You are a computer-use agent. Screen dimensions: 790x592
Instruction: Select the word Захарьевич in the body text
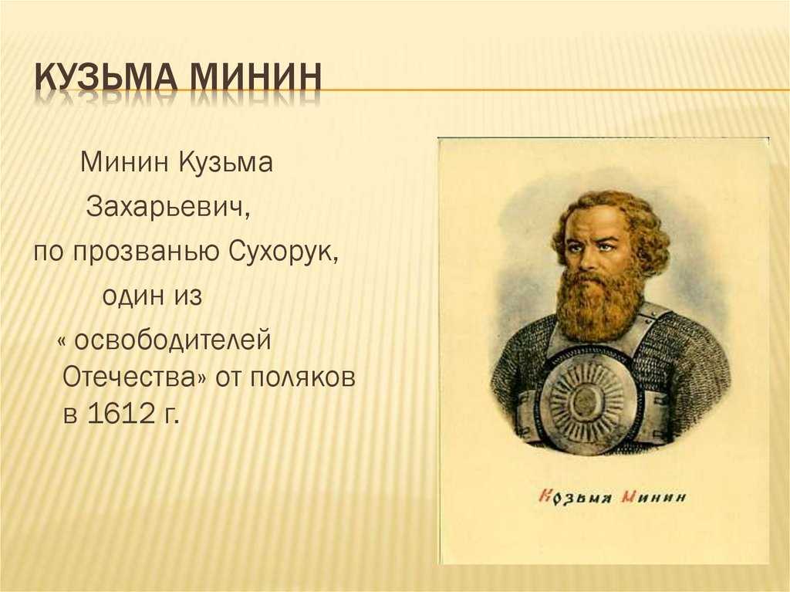(x=167, y=207)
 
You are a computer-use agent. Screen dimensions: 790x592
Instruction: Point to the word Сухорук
(x=284, y=252)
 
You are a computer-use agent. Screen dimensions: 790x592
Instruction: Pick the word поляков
(x=302, y=377)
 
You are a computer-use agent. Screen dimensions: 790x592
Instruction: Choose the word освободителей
(x=172, y=340)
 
